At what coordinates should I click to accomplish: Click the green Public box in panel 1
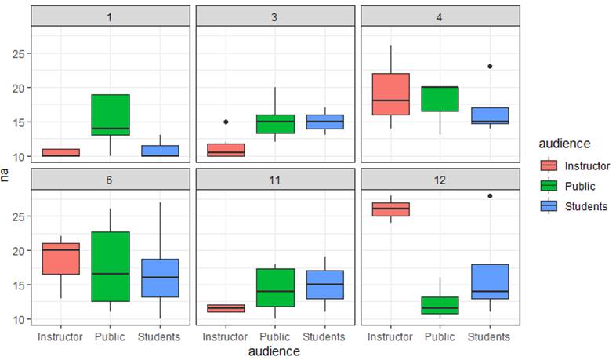(x=111, y=115)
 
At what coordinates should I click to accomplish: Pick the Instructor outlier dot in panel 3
(x=226, y=122)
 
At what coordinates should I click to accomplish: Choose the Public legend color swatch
(x=549, y=186)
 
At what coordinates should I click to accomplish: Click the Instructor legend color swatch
(x=549, y=165)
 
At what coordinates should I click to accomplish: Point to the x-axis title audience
(x=274, y=351)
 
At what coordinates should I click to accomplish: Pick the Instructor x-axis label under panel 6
(x=61, y=336)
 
